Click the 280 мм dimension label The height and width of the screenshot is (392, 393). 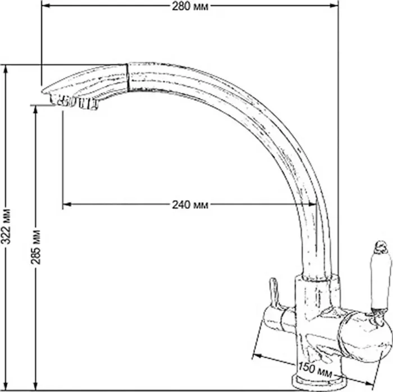click(x=190, y=7)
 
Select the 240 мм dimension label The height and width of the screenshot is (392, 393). click(x=190, y=205)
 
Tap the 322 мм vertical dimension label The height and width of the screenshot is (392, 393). click(x=6, y=226)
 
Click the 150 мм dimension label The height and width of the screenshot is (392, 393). click(x=315, y=370)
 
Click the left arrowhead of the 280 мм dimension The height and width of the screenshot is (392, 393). click(x=45, y=6)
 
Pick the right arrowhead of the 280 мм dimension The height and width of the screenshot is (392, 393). click(x=334, y=6)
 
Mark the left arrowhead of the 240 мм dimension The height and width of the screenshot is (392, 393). click(x=67, y=204)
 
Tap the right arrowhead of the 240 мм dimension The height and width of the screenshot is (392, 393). click(x=313, y=204)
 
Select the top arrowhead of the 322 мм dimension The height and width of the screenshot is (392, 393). click(x=6, y=70)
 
